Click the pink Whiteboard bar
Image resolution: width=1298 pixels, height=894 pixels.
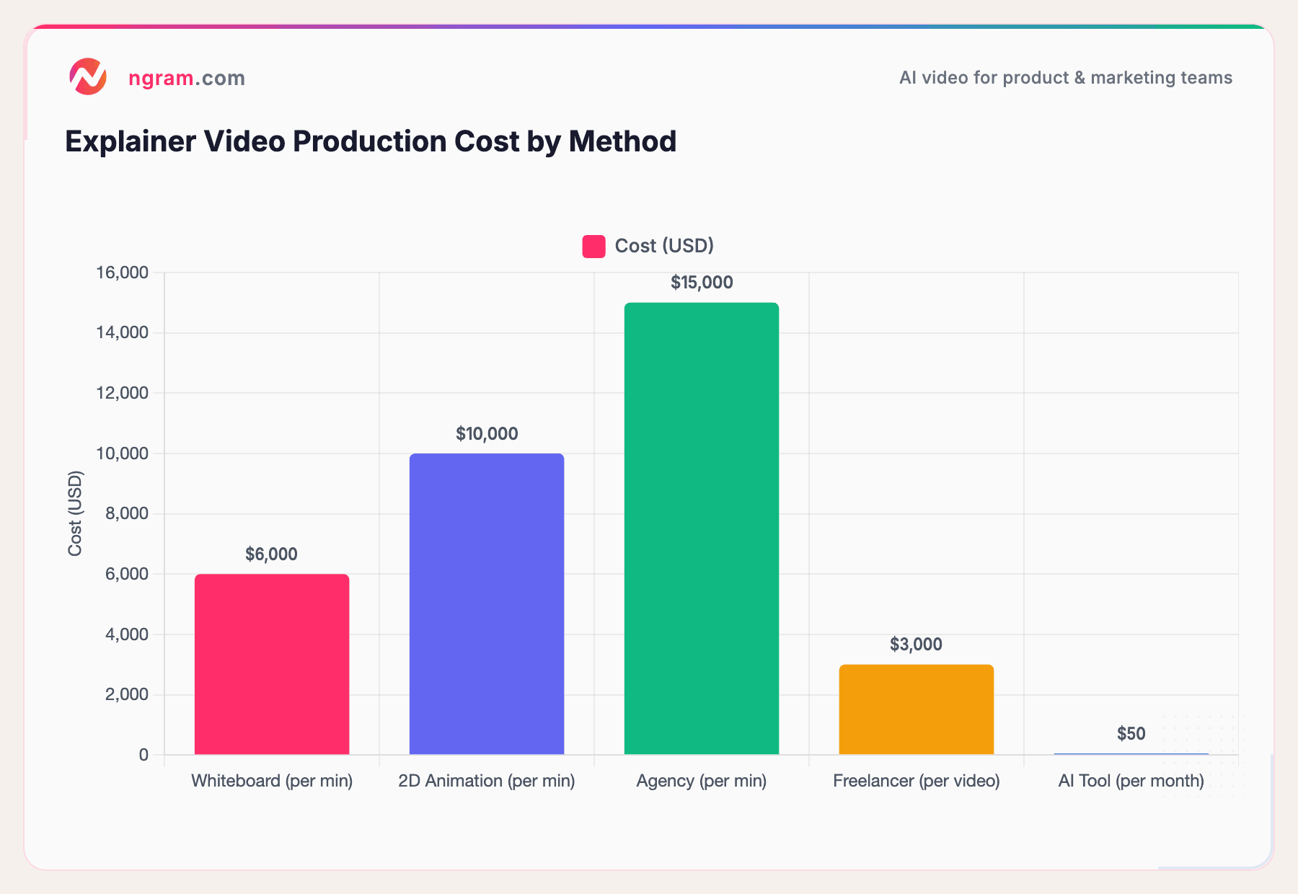(x=272, y=664)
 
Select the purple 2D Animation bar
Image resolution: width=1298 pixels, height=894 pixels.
(x=487, y=604)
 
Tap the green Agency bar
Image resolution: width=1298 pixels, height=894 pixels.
(x=702, y=528)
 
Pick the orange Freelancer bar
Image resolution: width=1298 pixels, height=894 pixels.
(x=916, y=709)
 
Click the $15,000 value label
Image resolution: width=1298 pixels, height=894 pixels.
(x=702, y=283)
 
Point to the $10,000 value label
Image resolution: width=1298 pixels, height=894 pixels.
(x=487, y=434)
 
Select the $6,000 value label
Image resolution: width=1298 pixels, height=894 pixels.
(x=271, y=554)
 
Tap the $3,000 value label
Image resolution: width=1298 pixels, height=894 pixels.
(x=916, y=645)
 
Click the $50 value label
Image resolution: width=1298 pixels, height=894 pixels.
(x=1131, y=734)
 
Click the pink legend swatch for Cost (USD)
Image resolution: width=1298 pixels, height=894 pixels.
(x=593, y=247)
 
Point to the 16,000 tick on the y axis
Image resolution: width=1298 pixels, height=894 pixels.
(x=122, y=273)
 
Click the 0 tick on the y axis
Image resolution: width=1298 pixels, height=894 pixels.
(x=144, y=755)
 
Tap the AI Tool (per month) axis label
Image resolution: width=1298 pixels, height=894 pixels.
(x=1131, y=781)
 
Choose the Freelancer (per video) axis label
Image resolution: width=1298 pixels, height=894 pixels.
(x=916, y=781)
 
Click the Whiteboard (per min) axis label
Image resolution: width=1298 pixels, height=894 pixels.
(x=272, y=781)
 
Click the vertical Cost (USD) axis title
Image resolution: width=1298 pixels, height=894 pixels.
(x=75, y=513)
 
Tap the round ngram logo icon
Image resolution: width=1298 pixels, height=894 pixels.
(x=88, y=77)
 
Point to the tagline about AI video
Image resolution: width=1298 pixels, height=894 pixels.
(x=1065, y=78)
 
